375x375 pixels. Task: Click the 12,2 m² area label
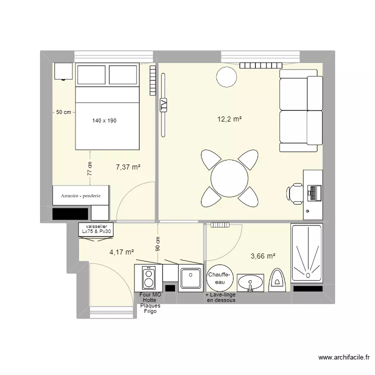[x=229, y=119]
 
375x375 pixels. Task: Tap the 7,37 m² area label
[x=127, y=167]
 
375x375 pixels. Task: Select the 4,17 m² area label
[x=122, y=252]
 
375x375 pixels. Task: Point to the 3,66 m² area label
[x=263, y=256]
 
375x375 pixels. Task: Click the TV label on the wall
[x=163, y=105]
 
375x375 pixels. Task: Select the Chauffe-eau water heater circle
[x=219, y=278]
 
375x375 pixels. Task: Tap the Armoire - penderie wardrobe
[x=81, y=195]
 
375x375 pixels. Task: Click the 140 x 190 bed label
[x=104, y=120]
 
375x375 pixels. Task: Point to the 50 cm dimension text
[x=63, y=112]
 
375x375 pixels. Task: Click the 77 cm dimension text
[x=90, y=168]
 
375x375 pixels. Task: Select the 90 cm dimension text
[x=157, y=243]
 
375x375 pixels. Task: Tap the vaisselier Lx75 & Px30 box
[x=96, y=229]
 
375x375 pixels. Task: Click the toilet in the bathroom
[x=276, y=279]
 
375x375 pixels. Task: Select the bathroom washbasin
[x=250, y=282]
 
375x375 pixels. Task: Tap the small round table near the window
[x=226, y=76]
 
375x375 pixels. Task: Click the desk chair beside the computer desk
[x=295, y=192]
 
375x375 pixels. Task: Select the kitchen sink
[x=191, y=277]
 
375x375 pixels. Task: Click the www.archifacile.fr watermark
[x=344, y=357]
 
